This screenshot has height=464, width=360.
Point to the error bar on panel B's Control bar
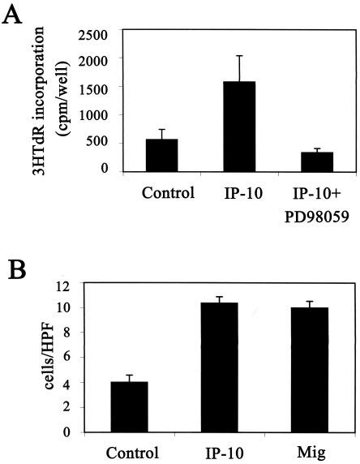(133, 377)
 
